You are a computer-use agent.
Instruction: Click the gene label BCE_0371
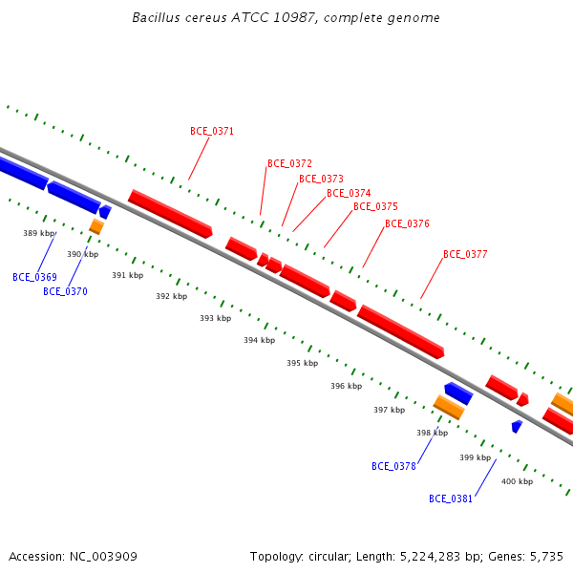[212, 131]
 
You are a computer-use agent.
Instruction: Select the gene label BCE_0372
[289, 163]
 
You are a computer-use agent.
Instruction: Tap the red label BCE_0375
[375, 206]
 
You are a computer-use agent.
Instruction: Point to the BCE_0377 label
[465, 254]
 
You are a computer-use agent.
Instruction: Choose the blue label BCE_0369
[34, 277]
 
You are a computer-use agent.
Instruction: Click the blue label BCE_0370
[65, 291]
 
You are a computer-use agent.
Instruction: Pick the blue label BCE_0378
[393, 466]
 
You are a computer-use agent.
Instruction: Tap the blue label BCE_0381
[451, 499]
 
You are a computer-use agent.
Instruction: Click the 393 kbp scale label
[216, 318]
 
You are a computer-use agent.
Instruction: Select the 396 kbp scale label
[347, 386]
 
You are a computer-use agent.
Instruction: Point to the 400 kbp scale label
[517, 481]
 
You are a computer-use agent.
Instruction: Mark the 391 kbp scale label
[128, 275]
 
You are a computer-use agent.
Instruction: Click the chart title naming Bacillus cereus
[286, 17]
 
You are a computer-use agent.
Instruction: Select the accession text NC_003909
[103, 557]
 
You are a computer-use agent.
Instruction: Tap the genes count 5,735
[546, 557]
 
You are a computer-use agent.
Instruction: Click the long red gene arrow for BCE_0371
[170, 214]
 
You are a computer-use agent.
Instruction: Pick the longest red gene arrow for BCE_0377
[401, 331]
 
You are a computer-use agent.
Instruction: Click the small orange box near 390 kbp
[96, 226]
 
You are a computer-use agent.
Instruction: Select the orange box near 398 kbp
[449, 407]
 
